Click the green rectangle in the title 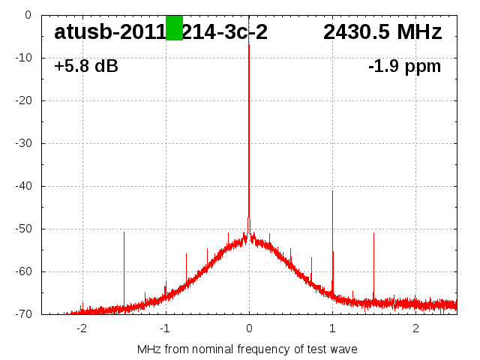click(174, 28)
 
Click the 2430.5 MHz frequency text click(382, 32)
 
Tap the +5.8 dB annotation click(86, 67)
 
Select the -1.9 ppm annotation click(405, 67)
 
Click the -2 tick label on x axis click(81, 328)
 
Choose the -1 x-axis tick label click(164, 328)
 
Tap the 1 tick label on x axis click(332, 328)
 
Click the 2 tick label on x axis click(415, 328)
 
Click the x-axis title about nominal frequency click(247, 349)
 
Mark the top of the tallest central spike click(249, 44)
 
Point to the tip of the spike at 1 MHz click(332, 190)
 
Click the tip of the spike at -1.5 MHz click(124, 232)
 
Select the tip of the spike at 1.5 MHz click(373, 232)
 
